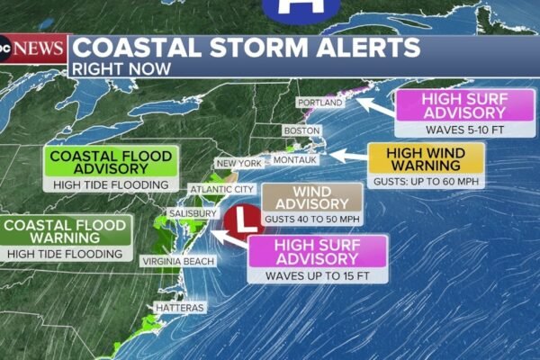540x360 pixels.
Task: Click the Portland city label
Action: [x=319, y=103]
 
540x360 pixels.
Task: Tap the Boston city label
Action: [x=301, y=130]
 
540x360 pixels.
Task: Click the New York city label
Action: [x=238, y=164]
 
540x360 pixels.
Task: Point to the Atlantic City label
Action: [x=220, y=190]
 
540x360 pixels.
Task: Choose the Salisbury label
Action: [x=192, y=214]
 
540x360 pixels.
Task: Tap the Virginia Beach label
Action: [x=177, y=260]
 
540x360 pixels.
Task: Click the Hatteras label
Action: [x=180, y=308]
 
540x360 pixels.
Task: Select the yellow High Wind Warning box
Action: [x=426, y=159]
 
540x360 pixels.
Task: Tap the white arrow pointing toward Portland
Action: [x=370, y=109]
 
